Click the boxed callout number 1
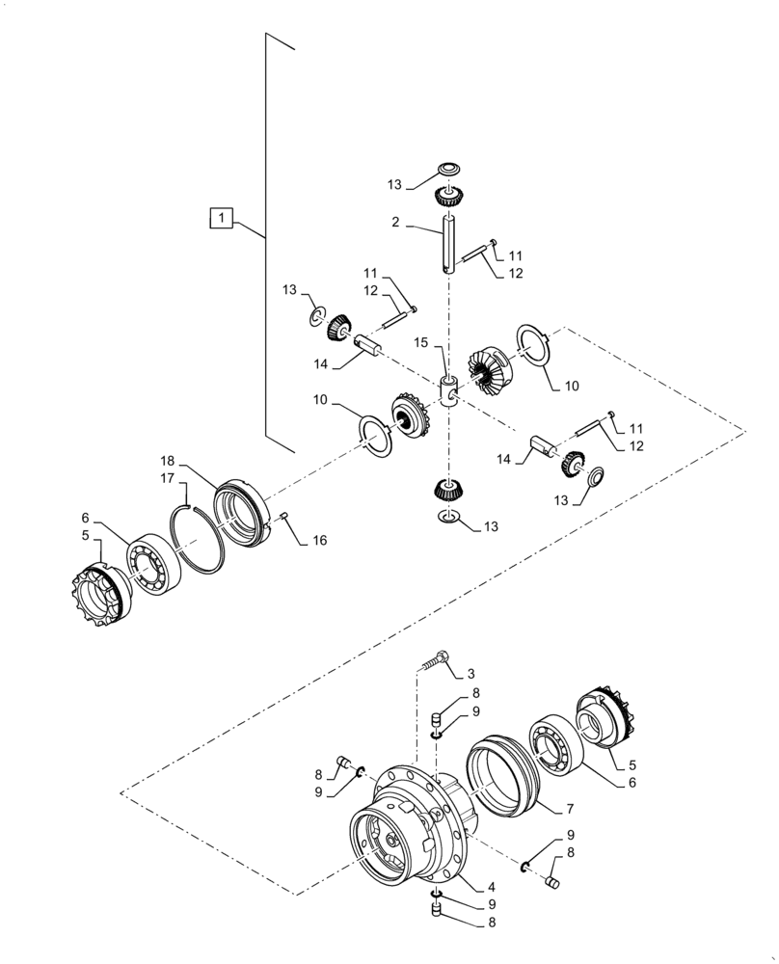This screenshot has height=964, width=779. pos(222,220)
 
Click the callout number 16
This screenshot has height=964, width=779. pos(319,540)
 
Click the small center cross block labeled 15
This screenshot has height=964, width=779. pos(448,393)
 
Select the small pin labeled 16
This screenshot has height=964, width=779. pos(286,520)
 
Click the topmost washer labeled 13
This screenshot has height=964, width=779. pos(447,171)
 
